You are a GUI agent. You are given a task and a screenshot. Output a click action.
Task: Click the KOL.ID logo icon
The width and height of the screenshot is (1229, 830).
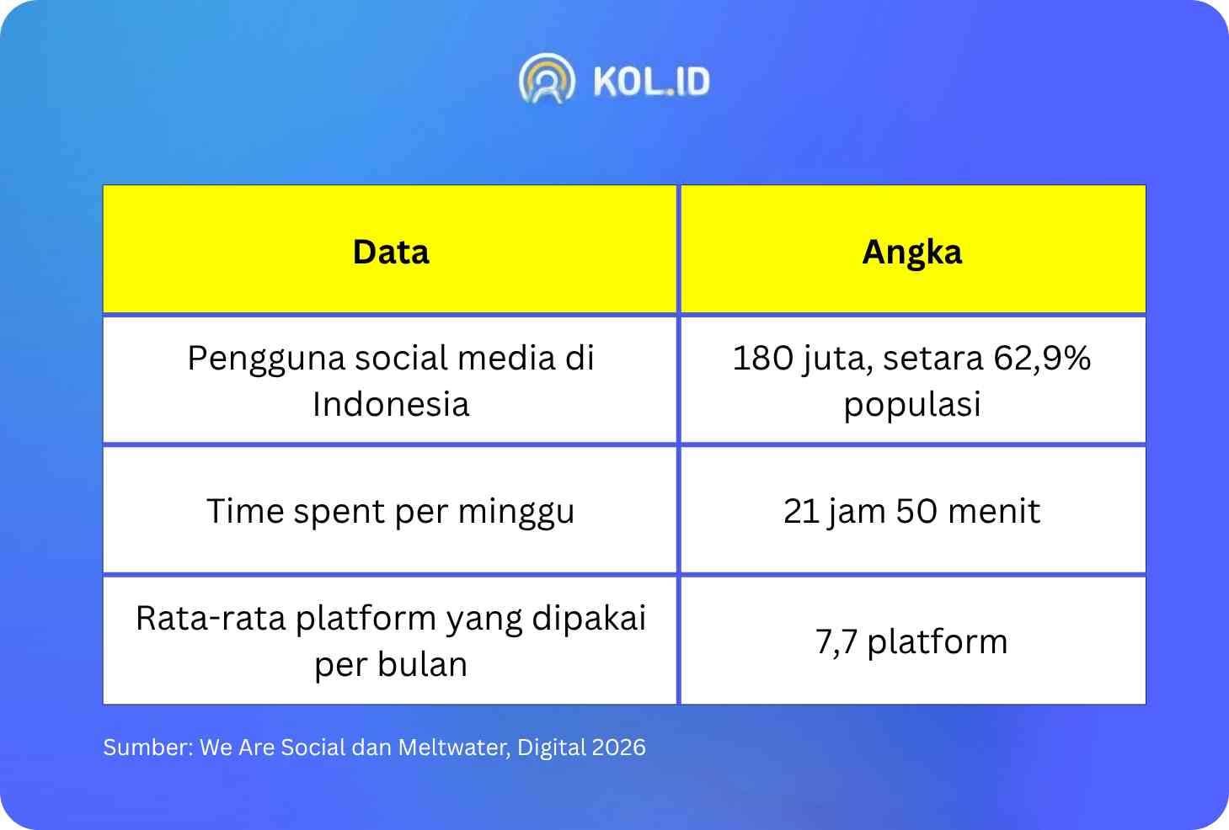coord(547,78)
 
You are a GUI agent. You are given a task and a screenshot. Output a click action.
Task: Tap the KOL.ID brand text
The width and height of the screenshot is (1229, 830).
coord(651,82)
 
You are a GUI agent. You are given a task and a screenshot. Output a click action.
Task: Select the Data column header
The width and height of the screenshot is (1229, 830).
coord(390,252)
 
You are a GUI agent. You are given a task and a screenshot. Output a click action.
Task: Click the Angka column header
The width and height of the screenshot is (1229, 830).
coord(912,253)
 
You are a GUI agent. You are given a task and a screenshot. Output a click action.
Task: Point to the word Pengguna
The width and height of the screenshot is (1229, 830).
coord(268,359)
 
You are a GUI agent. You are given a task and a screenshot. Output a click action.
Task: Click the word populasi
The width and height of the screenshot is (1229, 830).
coord(912,405)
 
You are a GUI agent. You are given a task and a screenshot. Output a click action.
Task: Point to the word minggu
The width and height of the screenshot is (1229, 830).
coord(516,513)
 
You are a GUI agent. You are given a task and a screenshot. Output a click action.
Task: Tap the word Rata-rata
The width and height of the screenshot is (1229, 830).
coord(211,619)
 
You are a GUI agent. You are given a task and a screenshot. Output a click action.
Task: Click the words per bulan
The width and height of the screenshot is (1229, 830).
coord(391,666)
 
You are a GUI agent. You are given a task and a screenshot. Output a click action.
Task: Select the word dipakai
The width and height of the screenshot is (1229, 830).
coord(589,619)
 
